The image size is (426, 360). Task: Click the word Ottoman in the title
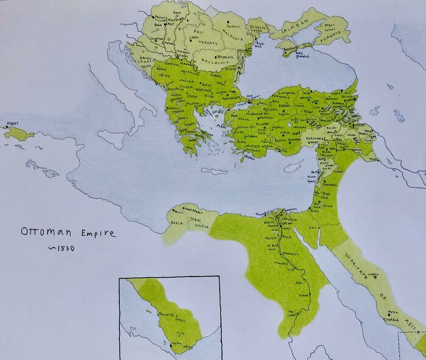tap(45, 232)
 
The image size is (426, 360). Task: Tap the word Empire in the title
tap(94, 233)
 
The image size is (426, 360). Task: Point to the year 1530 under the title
tap(58, 249)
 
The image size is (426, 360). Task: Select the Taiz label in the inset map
tap(180, 333)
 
